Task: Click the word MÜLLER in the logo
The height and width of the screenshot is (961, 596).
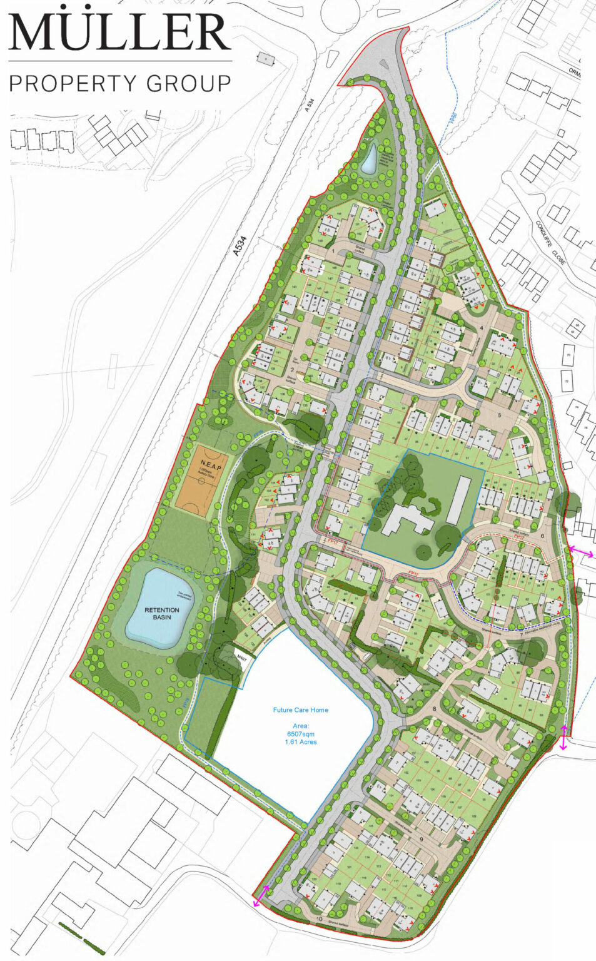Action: (x=119, y=29)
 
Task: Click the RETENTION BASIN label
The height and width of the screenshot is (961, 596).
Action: (x=162, y=614)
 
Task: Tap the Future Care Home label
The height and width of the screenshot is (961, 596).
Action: (x=300, y=710)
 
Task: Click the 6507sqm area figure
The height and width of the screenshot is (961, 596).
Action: (x=301, y=733)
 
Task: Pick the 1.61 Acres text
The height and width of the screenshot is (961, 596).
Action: (x=301, y=742)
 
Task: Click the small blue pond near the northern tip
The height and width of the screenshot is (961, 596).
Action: (x=369, y=161)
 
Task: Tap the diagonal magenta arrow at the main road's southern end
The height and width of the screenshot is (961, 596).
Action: (x=261, y=896)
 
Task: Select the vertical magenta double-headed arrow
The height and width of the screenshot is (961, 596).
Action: (x=563, y=738)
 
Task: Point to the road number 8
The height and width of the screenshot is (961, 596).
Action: (x=434, y=709)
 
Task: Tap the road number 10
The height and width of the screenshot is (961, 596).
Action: (x=320, y=919)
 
